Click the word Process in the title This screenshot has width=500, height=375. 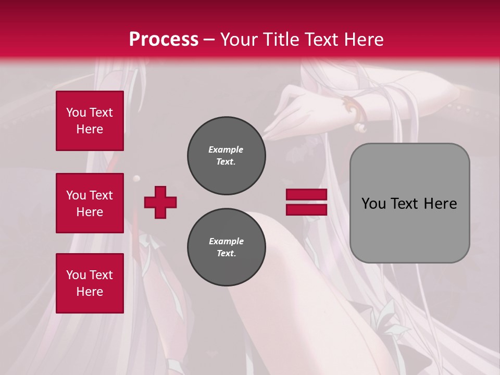pos(164,40)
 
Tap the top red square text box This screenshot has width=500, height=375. pos(90,121)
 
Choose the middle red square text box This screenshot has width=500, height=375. pos(90,203)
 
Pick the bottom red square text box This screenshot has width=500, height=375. pos(90,283)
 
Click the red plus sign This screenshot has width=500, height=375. pos(160,202)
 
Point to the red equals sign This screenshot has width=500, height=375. pos(306,202)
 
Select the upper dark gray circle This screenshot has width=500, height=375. pos(227,156)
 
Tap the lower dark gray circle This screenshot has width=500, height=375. pos(227,247)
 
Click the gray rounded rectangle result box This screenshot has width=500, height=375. pos(409,203)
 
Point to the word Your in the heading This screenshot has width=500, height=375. pos(238,40)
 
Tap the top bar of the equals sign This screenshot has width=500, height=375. pos(306,195)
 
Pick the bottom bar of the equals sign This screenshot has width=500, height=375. pos(306,209)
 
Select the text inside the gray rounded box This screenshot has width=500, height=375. pos(409,203)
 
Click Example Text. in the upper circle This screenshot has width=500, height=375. pos(226,156)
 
